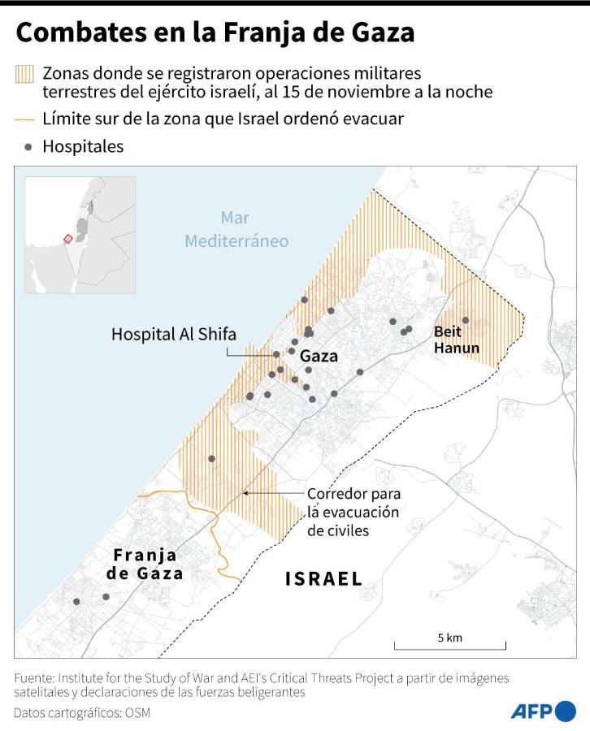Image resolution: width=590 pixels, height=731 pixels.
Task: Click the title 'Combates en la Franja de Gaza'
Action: tap(215, 32)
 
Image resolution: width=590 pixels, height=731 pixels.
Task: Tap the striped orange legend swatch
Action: tap(24, 74)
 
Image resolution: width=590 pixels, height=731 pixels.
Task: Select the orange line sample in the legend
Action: tap(24, 119)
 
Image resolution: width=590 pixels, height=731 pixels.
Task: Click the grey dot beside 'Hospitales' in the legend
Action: tap(29, 147)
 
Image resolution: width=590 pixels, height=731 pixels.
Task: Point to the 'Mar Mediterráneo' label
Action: tap(236, 230)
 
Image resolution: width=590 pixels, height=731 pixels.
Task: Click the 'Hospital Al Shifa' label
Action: tap(173, 333)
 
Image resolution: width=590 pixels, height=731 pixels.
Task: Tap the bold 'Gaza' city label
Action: tap(319, 356)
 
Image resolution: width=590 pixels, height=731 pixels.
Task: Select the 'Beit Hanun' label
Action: tap(456, 340)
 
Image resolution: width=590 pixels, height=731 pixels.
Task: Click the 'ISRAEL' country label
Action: tap(323, 578)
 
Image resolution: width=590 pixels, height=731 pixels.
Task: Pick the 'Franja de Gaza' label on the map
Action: tap(145, 564)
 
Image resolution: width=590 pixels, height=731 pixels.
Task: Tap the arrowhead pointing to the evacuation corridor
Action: tap(246, 493)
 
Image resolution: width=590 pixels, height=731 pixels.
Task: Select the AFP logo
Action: tap(543, 712)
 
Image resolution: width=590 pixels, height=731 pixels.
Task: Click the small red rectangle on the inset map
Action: tap(68, 238)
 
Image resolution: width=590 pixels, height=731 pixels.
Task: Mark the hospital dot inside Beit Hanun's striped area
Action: tap(466, 320)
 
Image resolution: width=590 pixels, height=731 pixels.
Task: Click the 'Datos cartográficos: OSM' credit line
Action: tap(82, 712)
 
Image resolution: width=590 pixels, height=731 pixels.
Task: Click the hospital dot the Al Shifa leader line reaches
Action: tap(276, 354)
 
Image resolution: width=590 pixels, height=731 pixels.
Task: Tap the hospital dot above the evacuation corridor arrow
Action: tap(212, 459)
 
